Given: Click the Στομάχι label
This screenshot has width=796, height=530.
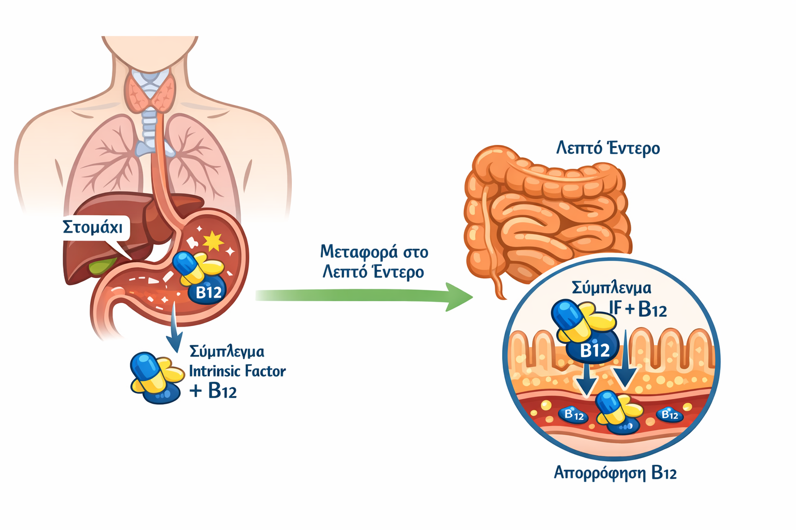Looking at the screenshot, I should (93, 227).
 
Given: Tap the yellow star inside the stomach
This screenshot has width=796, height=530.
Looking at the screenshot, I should (213, 241).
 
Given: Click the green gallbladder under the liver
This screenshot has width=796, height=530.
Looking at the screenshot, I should (102, 266).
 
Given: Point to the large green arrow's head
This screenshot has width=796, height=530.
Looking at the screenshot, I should (459, 297).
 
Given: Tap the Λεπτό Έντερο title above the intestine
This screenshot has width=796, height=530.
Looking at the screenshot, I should (608, 149).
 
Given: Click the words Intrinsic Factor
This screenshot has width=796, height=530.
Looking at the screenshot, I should (237, 371).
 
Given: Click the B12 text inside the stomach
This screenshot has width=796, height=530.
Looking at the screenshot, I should (208, 293).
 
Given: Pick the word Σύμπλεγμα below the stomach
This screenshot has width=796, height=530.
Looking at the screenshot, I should (226, 351).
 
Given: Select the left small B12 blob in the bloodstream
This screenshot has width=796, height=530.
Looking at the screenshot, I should (574, 415).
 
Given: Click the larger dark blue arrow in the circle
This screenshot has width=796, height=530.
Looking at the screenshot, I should (626, 362).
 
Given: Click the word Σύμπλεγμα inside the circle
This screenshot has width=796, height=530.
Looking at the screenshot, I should (611, 288).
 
